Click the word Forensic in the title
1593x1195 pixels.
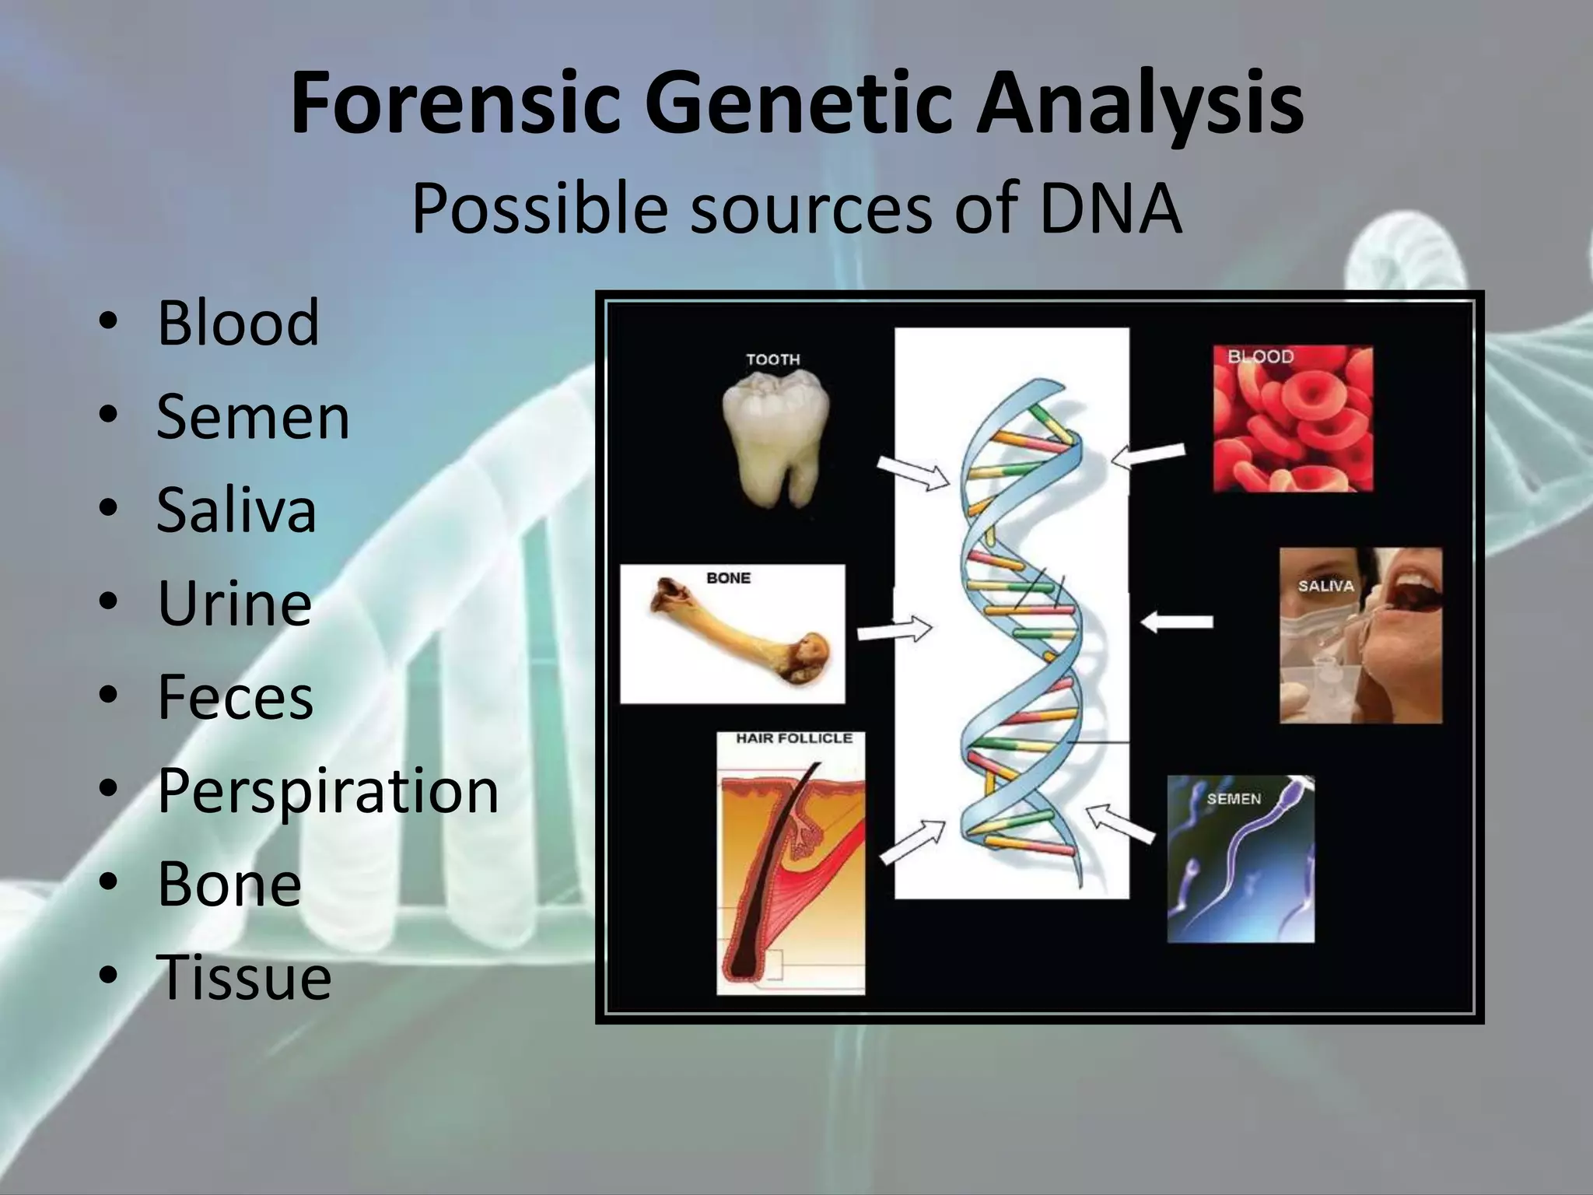coord(455,103)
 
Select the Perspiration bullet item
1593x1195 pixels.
coord(327,790)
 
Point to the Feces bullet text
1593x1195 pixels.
coord(235,696)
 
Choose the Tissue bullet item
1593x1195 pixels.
coord(243,977)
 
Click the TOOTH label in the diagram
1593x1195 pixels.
coord(772,359)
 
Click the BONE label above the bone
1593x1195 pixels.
coord(728,578)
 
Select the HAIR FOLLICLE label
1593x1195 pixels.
coord(794,738)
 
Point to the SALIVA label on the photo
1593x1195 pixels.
coord(1325,586)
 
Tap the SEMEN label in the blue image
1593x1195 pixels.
coord(1234,798)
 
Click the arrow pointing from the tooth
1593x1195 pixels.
coord(914,471)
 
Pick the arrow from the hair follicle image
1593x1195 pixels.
coord(913,842)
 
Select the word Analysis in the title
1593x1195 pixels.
coord(1140,103)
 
